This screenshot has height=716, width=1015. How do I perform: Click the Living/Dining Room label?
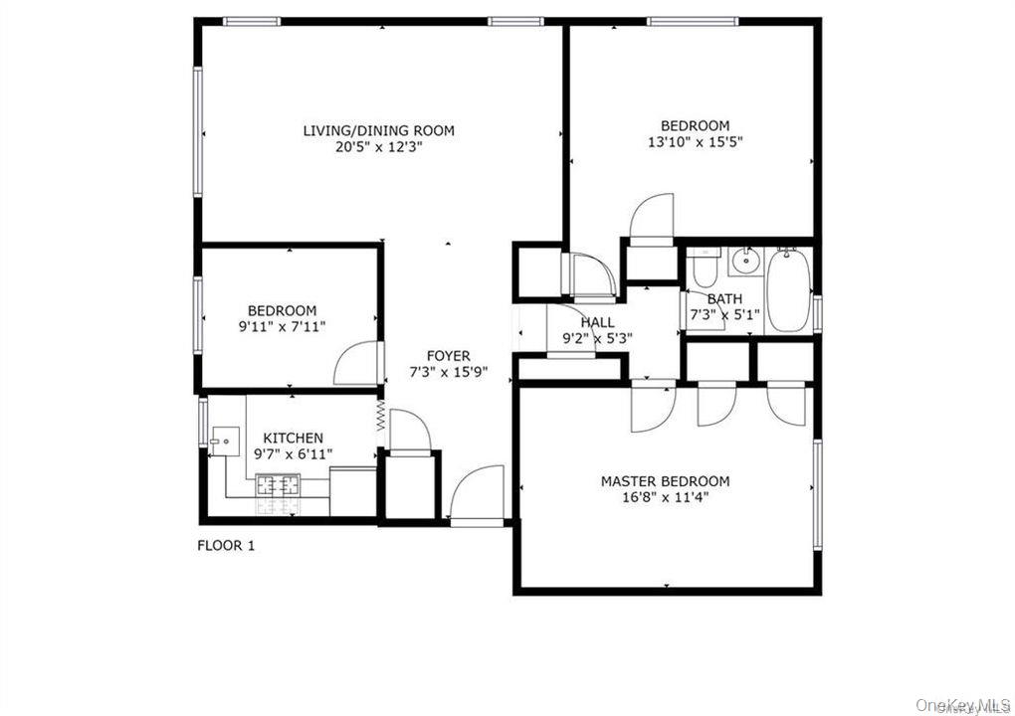(x=378, y=130)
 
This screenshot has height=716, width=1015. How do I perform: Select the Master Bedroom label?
(x=665, y=481)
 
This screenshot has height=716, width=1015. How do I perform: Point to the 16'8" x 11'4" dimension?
(x=665, y=497)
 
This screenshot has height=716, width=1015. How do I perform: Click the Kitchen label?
(x=293, y=438)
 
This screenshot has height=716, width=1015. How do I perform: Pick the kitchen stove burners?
(x=279, y=485)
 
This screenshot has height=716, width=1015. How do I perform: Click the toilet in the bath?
(x=705, y=268)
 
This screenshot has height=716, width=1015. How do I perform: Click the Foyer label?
(x=448, y=356)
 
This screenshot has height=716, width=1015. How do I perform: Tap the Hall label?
(x=597, y=322)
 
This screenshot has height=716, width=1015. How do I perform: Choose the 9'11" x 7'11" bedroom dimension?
(x=282, y=326)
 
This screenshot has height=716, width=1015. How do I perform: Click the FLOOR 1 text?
(x=226, y=545)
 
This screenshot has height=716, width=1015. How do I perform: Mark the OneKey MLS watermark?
(x=962, y=704)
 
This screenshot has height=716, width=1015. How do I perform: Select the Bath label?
(x=724, y=298)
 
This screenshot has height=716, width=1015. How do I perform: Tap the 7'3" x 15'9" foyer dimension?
(x=448, y=372)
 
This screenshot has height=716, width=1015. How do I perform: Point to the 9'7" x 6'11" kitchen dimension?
(x=293, y=454)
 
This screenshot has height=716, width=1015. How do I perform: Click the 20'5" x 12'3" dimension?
(x=378, y=146)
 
